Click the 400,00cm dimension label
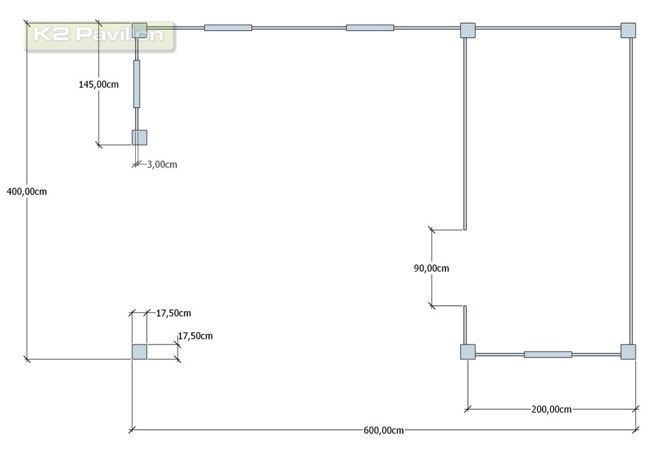[x=27, y=192]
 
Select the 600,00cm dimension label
[x=384, y=431]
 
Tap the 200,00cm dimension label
[x=552, y=409]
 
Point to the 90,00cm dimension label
[x=431, y=268]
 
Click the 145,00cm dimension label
[x=98, y=84]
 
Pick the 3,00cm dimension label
[x=162, y=164]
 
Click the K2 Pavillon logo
[x=99, y=36]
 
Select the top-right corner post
[x=628, y=30]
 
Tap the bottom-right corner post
[x=628, y=352]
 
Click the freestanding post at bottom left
[x=140, y=352]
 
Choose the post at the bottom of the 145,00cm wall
[x=140, y=138]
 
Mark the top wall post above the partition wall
[x=468, y=30]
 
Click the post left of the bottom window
[x=468, y=352]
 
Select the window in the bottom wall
[x=548, y=354]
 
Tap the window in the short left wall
[x=136, y=84]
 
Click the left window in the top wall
[x=228, y=28]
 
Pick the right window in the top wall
[x=370, y=28]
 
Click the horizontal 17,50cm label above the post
[x=174, y=314]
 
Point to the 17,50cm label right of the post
[x=195, y=336]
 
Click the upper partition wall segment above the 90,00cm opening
[x=465, y=134]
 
